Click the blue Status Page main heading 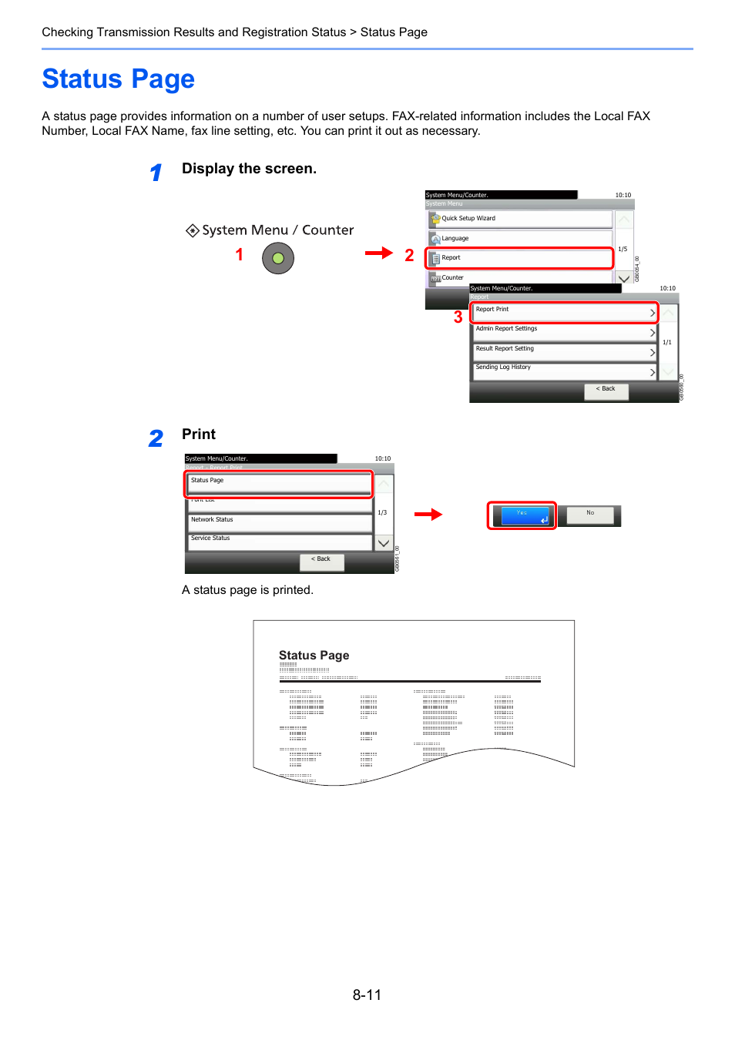click(118, 79)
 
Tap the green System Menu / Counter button click(278, 258)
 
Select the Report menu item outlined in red click(520, 258)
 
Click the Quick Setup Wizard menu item click(520, 219)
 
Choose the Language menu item click(520, 239)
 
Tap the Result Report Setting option click(564, 351)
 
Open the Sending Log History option click(564, 371)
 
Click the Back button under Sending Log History click(606, 390)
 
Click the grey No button click(590, 515)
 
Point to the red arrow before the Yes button click(428, 514)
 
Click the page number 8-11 click(367, 995)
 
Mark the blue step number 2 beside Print click(156, 438)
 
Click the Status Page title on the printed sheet click(314, 655)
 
